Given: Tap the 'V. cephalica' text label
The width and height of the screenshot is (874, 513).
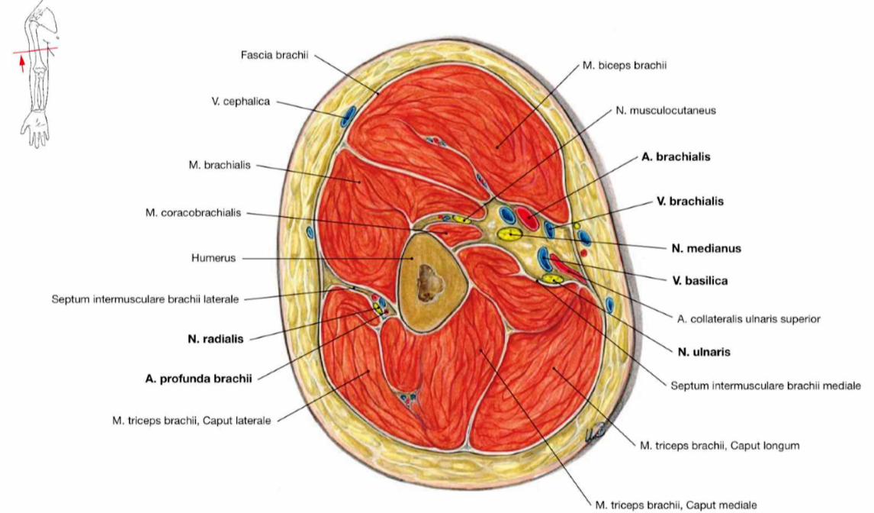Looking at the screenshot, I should coord(240,102).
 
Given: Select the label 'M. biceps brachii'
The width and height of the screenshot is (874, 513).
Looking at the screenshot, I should coord(624,66).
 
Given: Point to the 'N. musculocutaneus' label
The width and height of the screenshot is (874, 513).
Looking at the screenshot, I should coord(665,110).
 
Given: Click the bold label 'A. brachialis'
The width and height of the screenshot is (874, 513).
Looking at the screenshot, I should coord(676,156).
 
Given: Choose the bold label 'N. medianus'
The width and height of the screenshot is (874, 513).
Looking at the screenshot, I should coord(706,248).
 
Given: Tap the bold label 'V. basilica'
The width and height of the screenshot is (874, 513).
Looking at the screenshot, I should coord(699,280).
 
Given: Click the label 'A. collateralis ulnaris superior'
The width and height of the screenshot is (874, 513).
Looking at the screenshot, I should coord(748,319).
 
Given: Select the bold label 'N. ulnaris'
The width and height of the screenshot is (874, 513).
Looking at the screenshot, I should coord(704,352).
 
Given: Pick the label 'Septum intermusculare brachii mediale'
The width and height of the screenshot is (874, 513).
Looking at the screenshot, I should coord(765,386).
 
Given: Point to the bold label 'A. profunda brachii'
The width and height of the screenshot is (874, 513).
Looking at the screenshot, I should coord(198,378).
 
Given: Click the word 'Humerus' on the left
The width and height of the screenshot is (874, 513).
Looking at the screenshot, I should coord(214,258).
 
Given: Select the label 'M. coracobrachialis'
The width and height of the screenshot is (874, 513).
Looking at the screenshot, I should coord(193,213).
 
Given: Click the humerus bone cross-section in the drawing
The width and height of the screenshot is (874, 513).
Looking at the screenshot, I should coord(428,282).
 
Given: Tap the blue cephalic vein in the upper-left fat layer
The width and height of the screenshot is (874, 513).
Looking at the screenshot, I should coord(348,116).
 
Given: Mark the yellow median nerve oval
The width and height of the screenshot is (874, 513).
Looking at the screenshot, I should coord(507,233).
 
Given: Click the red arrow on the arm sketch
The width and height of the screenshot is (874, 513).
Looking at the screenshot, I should coord(22,63).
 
